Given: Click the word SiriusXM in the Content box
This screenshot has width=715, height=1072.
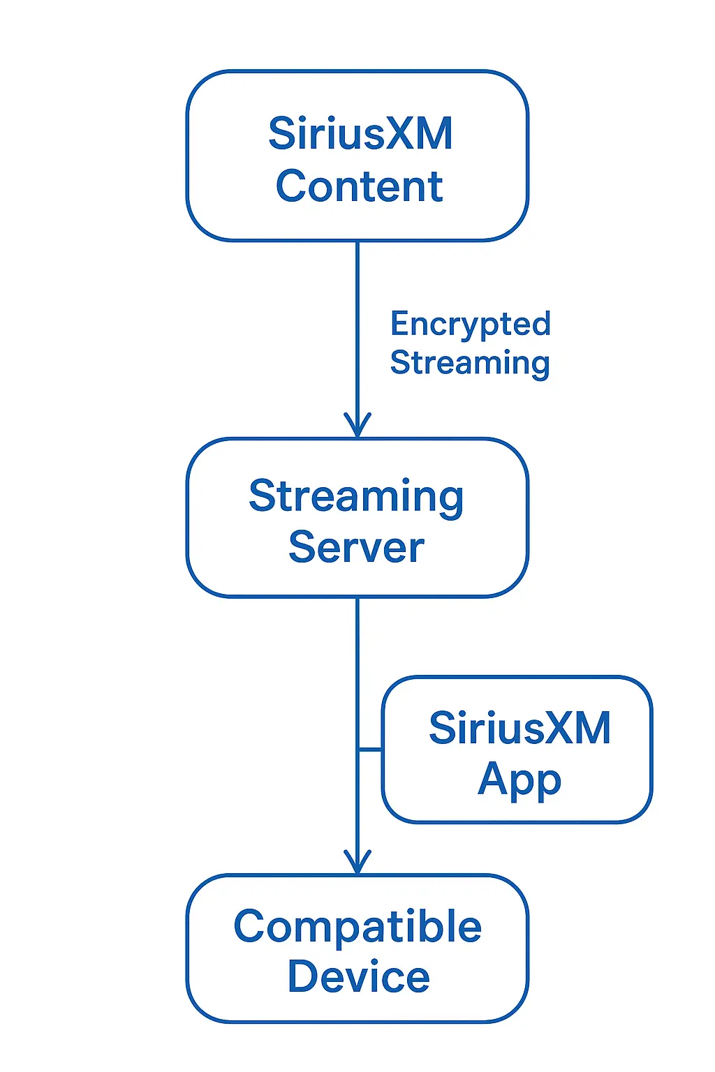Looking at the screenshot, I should click(360, 133).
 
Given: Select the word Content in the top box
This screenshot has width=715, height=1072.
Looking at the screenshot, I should click(359, 186).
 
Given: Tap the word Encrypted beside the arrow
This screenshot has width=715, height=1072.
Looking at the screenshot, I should click(470, 325).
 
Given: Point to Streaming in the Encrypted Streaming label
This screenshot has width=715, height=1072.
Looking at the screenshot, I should click(469, 363).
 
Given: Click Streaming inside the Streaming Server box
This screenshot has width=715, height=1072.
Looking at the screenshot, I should click(356, 497).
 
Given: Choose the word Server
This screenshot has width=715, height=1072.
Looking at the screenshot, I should click(356, 547).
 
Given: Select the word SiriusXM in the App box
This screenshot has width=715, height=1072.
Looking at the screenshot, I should click(519, 728).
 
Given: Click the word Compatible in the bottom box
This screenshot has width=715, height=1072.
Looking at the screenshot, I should click(357, 927).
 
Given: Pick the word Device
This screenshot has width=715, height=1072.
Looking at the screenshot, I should click(358, 976).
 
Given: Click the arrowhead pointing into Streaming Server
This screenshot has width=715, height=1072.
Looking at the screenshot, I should click(357, 426).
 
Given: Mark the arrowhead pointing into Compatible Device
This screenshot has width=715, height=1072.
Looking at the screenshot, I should click(357, 863).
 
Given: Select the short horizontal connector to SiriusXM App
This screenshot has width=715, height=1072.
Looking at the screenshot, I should click(371, 750).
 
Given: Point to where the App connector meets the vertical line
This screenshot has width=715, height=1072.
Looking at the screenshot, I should click(357, 750).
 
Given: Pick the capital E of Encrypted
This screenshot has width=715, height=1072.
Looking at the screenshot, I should click(399, 324).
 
